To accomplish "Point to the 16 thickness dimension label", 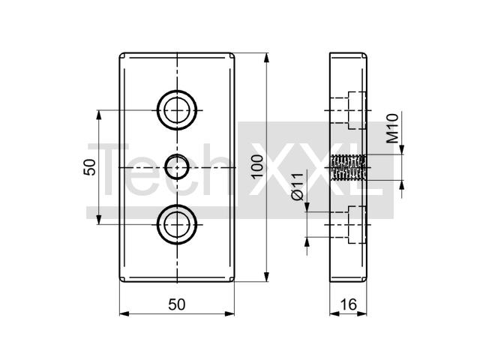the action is pos(348,304).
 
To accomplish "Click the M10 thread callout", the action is pos(392,128).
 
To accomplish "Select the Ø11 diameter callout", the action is pos(297,187).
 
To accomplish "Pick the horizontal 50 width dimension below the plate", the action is pos(177,304).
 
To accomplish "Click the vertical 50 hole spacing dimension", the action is pos(89,167).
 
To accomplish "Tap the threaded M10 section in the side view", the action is pos(349,168).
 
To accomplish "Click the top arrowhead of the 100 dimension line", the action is pos(267,58).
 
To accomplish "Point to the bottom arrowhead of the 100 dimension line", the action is pos(267,276).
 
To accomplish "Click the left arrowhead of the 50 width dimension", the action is pos(124,313).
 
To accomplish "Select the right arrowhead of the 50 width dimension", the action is pos(229,313).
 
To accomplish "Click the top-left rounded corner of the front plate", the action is pos(121,55).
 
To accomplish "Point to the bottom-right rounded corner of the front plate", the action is pos(233,280).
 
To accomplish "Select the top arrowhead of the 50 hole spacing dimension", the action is pos(98,115).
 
